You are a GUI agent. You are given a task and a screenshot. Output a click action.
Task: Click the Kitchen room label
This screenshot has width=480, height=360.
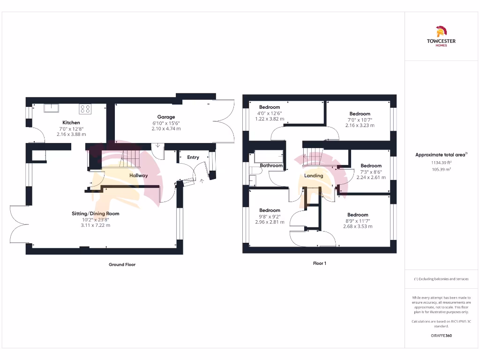click(x=71, y=123)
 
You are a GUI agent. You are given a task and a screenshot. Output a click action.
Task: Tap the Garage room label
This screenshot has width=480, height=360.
click(x=166, y=117)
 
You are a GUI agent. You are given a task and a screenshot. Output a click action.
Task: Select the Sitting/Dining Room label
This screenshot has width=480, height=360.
click(x=96, y=214)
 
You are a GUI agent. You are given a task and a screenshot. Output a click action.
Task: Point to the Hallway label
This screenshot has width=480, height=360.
click(x=139, y=176)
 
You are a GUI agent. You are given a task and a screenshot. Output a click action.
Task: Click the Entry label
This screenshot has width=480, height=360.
click(x=193, y=157)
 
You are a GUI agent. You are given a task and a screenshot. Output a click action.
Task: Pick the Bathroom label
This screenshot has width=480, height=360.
click(x=271, y=165)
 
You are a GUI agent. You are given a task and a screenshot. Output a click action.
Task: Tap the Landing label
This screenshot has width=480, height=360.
click(x=314, y=176)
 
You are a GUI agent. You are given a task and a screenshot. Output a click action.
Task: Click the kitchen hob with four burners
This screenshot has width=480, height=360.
click(x=85, y=109)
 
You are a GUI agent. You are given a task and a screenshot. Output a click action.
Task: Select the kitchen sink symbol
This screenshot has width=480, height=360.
click(x=51, y=108)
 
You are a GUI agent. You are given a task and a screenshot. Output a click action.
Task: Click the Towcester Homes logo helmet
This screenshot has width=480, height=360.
click(x=441, y=31)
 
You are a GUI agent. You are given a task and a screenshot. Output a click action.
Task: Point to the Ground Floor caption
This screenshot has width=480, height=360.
click(x=122, y=265)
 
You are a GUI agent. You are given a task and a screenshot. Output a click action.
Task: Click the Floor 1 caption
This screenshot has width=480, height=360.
click(x=320, y=263)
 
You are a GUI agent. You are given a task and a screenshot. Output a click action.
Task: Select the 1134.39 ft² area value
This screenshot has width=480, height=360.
click(x=441, y=163)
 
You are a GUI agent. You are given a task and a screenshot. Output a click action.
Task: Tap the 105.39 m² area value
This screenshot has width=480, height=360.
click(x=441, y=170)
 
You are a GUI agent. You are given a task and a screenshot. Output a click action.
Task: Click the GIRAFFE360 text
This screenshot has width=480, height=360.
click(x=441, y=336)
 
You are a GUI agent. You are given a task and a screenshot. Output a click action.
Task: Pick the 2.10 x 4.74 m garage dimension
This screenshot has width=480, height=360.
click(x=166, y=129)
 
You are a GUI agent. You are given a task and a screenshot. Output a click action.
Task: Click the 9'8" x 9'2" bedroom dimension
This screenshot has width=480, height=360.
click(x=270, y=217)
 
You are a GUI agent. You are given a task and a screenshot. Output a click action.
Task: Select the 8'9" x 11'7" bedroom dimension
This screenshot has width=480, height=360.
click(x=358, y=221)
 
